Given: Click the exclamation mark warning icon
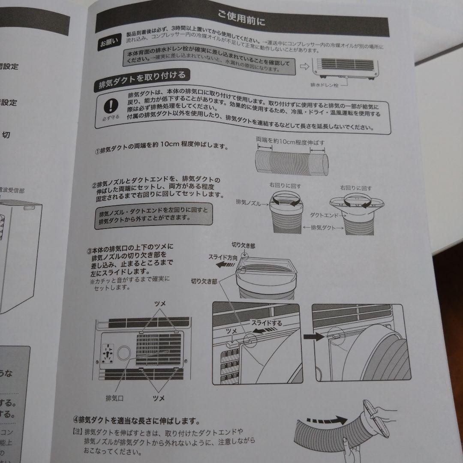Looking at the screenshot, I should point(112,105).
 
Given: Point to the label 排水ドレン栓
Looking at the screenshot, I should point(325,85).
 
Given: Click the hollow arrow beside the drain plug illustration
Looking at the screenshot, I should point(304,66).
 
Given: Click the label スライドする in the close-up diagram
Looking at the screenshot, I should point(266,323).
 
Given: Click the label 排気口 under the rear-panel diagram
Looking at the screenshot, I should point(115,398).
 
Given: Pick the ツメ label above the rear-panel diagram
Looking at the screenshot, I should point(160,304).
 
